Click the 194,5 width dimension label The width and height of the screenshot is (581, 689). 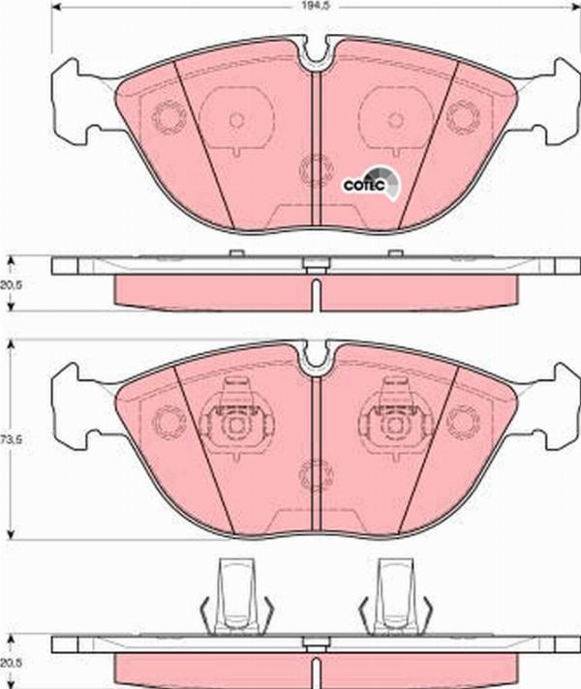click(305, 6)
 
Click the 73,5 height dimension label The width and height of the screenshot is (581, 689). click(11, 438)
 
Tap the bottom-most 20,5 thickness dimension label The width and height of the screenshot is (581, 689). click(11, 663)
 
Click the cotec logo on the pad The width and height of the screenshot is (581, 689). click(369, 183)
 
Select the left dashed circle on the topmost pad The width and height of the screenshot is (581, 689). click(168, 119)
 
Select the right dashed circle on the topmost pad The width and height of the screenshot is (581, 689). click(463, 118)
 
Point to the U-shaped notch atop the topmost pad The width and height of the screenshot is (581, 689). click(315, 55)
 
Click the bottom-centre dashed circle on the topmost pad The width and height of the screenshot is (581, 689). click(315, 172)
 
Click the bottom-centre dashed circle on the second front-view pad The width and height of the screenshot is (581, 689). click(315, 474)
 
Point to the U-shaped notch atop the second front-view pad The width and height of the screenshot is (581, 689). click(315, 358)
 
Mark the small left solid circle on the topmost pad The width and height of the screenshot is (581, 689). click(235, 120)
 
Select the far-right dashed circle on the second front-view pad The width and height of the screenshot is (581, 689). click(463, 421)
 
